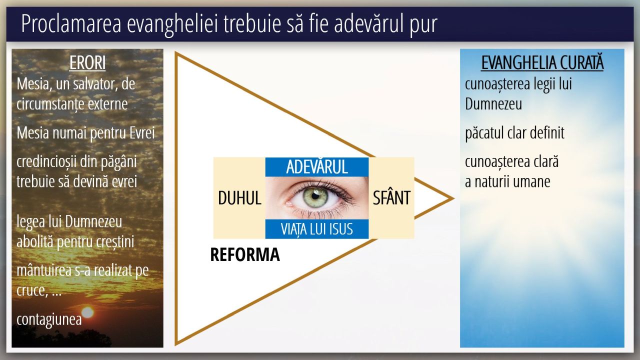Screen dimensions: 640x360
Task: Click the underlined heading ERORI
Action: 87,63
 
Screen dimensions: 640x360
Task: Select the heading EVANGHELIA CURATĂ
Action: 542,63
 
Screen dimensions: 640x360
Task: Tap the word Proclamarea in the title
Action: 71,24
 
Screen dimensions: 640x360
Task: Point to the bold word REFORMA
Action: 245,254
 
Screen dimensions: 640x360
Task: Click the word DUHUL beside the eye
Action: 239,197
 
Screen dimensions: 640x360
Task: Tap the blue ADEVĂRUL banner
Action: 317,167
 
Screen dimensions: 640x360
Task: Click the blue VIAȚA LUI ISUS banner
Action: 317,229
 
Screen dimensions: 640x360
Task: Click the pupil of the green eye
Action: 315,196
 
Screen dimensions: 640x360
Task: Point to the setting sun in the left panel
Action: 87,312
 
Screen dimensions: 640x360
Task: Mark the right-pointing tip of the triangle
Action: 453,198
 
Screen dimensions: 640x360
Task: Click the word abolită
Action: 35,241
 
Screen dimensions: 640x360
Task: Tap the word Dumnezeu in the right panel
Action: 493,103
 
